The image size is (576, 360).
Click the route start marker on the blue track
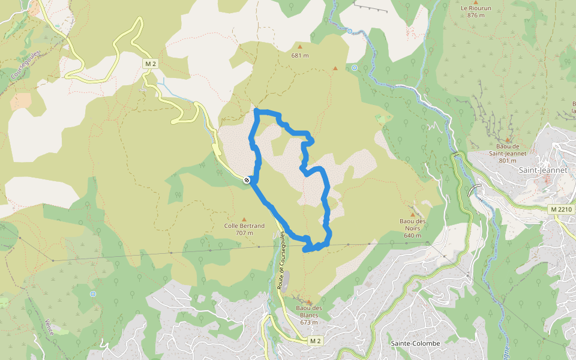click(247, 180)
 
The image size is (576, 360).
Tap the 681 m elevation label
click(300, 56)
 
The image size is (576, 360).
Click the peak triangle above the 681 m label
click(300, 46)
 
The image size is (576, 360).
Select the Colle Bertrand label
click(244, 226)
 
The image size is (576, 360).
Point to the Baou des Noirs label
click(413, 221)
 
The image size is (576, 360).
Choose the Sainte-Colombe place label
click(415, 343)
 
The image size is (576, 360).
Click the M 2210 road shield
click(561, 209)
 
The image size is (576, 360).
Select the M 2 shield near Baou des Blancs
click(316, 341)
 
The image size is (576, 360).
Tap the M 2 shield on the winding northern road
click(151, 64)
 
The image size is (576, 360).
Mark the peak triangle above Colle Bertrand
click(244, 219)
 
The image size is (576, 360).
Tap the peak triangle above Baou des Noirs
click(412, 214)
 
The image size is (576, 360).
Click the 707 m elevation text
click(244, 233)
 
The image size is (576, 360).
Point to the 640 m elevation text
click(413, 235)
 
